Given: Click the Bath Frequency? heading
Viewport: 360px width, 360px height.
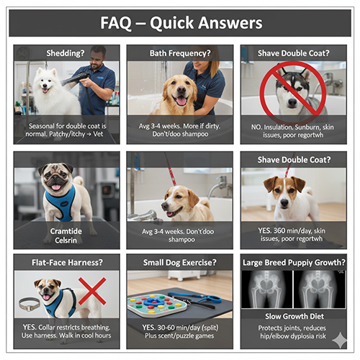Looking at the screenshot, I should (x=179, y=53).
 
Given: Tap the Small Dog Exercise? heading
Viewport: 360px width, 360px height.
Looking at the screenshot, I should (x=179, y=262).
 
